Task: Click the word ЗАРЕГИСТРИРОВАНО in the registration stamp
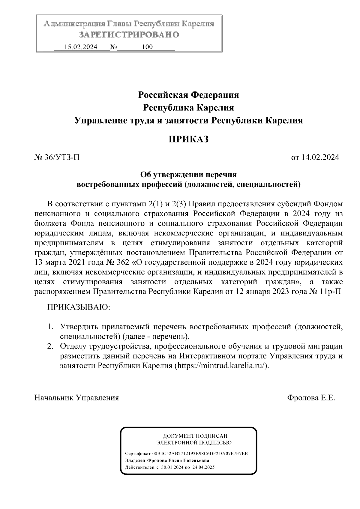tap(129, 35)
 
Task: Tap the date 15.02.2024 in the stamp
tap(81, 47)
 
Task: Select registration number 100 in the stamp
tap(147, 47)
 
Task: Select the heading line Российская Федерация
tap(188, 95)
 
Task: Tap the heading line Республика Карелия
tap(188, 108)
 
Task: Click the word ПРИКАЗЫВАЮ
tap(79, 307)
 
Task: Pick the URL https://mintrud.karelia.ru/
tap(221, 366)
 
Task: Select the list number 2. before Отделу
tap(51, 346)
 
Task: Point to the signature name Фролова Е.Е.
tap(311, 398)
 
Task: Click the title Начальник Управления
tap(77, 398)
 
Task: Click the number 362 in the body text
tap(122, 262)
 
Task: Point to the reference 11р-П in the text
tap(330, 292)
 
